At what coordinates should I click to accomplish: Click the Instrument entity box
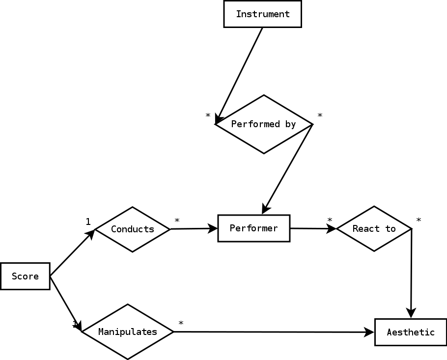[262, 14]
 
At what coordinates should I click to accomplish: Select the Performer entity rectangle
[253, 228]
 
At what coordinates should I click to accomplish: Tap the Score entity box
[25, 276]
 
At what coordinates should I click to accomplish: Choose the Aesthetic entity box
[411, 332]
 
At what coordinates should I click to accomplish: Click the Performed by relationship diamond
[264, 124]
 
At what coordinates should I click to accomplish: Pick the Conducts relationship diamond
[132, 229]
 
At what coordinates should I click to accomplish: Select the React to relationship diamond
[374, 228]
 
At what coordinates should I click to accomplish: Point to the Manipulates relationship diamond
[128, 332]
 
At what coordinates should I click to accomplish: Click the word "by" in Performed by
[290, 124]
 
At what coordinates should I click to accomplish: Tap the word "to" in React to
[391, 228]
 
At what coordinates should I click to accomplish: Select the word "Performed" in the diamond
[255, 124]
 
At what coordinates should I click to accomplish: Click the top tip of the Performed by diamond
[264, 97]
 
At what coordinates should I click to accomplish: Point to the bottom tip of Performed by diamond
[264, 151]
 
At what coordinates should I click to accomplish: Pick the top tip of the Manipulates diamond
[128, 306]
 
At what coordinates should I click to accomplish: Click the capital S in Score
[15, 276]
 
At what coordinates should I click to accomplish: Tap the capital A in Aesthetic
[390, 332]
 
